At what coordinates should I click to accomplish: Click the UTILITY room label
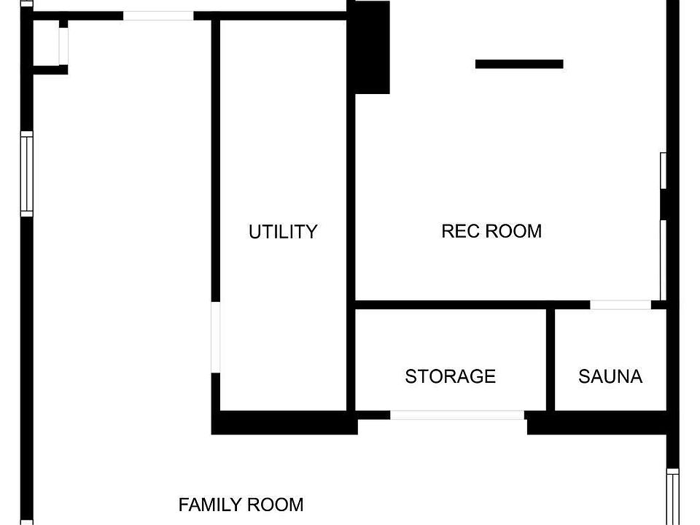coord(283,232)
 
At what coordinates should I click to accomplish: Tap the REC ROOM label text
coord(491,231)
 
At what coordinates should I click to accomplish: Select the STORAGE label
coord(450,376)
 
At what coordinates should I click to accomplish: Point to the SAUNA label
coord(610,376)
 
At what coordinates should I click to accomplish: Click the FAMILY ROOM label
coord(241,505)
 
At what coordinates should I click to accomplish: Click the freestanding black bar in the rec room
coord(519,64)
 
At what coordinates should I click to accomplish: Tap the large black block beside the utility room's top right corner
coord(372,47)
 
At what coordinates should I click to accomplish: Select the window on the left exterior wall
coord(27,174)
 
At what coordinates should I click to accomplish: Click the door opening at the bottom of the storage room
coord(457,415)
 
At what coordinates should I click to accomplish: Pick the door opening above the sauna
coord(621,305)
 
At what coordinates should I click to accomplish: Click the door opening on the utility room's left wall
coord(216,338)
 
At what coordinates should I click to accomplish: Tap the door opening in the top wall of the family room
coord(158,15)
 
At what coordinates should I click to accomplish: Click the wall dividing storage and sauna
coord(551,359)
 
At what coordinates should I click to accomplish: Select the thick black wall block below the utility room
coord(284,423)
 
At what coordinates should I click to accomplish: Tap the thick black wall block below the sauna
coord(597,423)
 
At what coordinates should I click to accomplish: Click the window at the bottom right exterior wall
coord(673,497)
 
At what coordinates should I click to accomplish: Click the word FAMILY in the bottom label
coord(210,505)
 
